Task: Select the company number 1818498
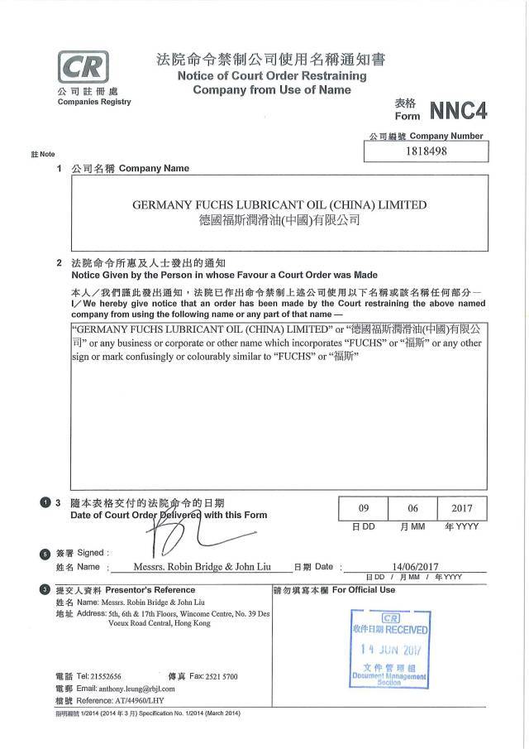427,151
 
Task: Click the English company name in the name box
280,204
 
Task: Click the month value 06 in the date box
412,508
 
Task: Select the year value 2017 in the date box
462,508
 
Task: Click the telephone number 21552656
103,676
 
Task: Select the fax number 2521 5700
219,676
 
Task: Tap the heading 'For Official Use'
364,590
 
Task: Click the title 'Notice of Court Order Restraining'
271,76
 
